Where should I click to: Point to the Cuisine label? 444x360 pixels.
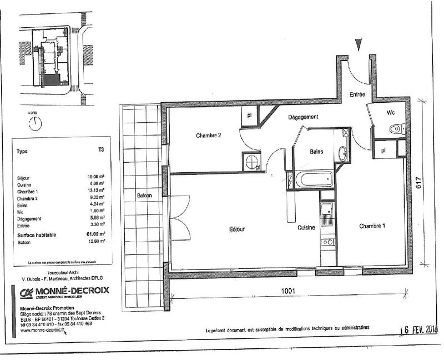click(306, 228)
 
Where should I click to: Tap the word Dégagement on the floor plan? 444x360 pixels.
click(302, 117)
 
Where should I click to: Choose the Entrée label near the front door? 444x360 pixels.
click(357, 95)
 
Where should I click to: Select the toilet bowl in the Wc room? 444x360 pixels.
click(396, 129)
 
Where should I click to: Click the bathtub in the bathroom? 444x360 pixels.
click(314, 179)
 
